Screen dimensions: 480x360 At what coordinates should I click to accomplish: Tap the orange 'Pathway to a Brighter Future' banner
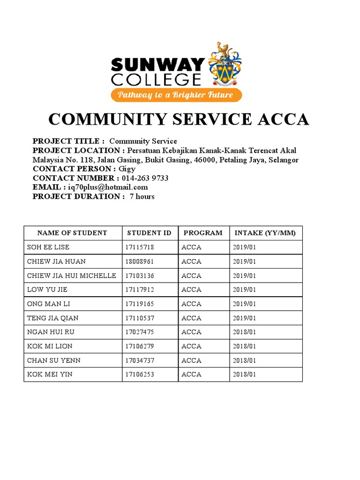click(x=176, y=95)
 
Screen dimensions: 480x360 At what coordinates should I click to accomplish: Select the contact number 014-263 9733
click(x=145, y=178)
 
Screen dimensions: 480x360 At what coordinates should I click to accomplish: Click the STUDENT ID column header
click(x=150, y=233)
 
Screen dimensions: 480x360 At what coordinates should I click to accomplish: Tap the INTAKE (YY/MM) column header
click(x=265, y=233)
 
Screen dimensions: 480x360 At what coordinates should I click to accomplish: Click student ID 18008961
click(x=140, y=261)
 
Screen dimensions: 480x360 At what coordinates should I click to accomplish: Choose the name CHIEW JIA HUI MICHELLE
click(x=72, y=276)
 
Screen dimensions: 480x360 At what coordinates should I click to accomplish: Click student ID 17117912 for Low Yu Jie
click(x=140, y=290)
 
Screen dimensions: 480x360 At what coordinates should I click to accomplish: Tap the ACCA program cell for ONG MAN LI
click(x=191, y=304)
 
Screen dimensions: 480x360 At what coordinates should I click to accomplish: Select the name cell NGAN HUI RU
click(x=50, y=332)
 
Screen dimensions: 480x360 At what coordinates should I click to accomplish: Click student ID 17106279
click(x=140, y=346)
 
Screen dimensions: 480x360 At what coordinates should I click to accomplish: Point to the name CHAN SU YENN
click(x=54, y=360)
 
